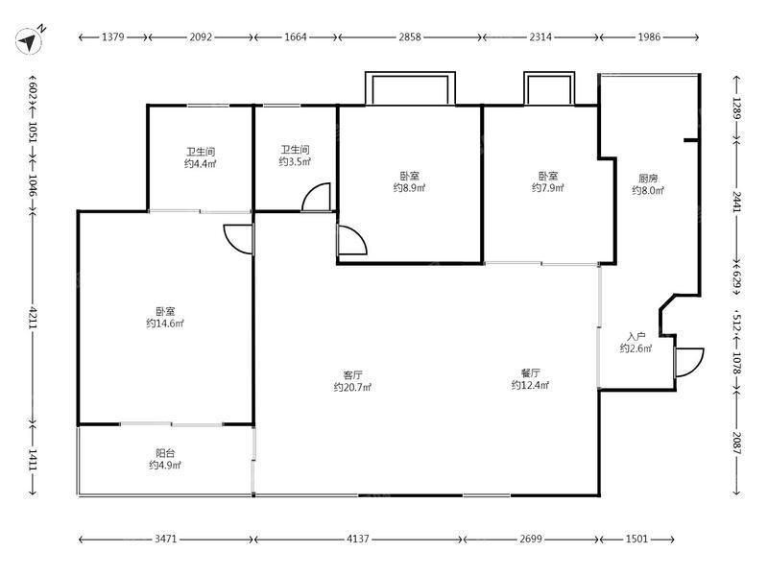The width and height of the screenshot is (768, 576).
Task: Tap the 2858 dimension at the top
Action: pyautogui.click(x=409, y=36)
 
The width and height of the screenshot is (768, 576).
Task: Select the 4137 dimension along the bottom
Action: pyautogui.click(x=357, y=539)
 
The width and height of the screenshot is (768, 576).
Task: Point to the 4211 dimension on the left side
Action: pyautogui.click(x=33, y=318)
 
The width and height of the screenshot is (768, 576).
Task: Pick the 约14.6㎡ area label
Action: pyautogui.click(x=165, y=324)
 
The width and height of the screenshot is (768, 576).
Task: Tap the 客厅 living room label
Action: pyautogui.click(x=352, y=375)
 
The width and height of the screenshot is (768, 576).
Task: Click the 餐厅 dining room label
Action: pyautogui.click(x=531, y=373)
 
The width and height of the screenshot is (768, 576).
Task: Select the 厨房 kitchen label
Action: pyautogui.click(x=647, y=179)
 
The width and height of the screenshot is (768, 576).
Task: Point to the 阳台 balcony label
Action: pyautogui.click(x=165, y=453)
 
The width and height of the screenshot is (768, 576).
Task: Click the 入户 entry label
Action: pyautogui.click(x=636, y=337)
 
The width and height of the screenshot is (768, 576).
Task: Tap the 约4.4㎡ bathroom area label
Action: pyautogui.click(x=201, y=163)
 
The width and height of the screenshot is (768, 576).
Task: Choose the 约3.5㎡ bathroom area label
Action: pyautogui.click(x=295, y=161)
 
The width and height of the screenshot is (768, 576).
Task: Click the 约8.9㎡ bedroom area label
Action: pyautogui.click(x=410, y=187)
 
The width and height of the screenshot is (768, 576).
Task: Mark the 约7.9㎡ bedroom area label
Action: pyautogui.click(x=548, y=187)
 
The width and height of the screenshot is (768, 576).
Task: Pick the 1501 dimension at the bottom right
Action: pyautogui.click(x=636, y=539)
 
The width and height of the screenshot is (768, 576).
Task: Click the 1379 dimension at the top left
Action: pyautogui.click(x=112, y=36)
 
